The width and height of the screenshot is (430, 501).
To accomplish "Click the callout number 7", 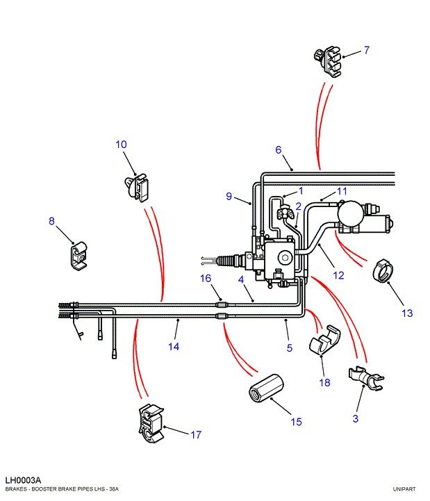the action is coord(366,50).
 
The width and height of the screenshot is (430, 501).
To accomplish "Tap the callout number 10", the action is coord(121,145).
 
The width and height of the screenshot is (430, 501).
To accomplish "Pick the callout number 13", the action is coord(407,313).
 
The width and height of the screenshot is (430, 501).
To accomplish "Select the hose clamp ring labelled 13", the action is coord(383,271).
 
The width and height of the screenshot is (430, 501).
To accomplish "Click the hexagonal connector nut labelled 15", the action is coord(266,388).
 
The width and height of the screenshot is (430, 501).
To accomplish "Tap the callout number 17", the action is coord(196,434).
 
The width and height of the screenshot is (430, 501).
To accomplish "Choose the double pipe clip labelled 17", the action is coord(151,424).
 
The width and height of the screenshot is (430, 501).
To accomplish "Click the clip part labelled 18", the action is coord(324,340).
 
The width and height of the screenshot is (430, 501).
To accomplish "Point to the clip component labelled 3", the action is coord(366,379).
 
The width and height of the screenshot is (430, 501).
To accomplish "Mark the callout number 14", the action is coord(174,347).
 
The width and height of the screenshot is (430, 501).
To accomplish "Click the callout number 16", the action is coord(206,279).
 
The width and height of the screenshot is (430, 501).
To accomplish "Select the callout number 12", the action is coord(338,275).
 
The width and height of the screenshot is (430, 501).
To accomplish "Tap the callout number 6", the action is coord(279,150).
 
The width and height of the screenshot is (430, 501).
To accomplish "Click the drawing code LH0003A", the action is coord(23,480).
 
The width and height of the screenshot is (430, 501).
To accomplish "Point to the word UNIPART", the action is coord(404,489).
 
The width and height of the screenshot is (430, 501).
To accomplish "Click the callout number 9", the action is coord(229,196).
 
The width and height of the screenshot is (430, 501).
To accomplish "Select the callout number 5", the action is coord(290,348).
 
